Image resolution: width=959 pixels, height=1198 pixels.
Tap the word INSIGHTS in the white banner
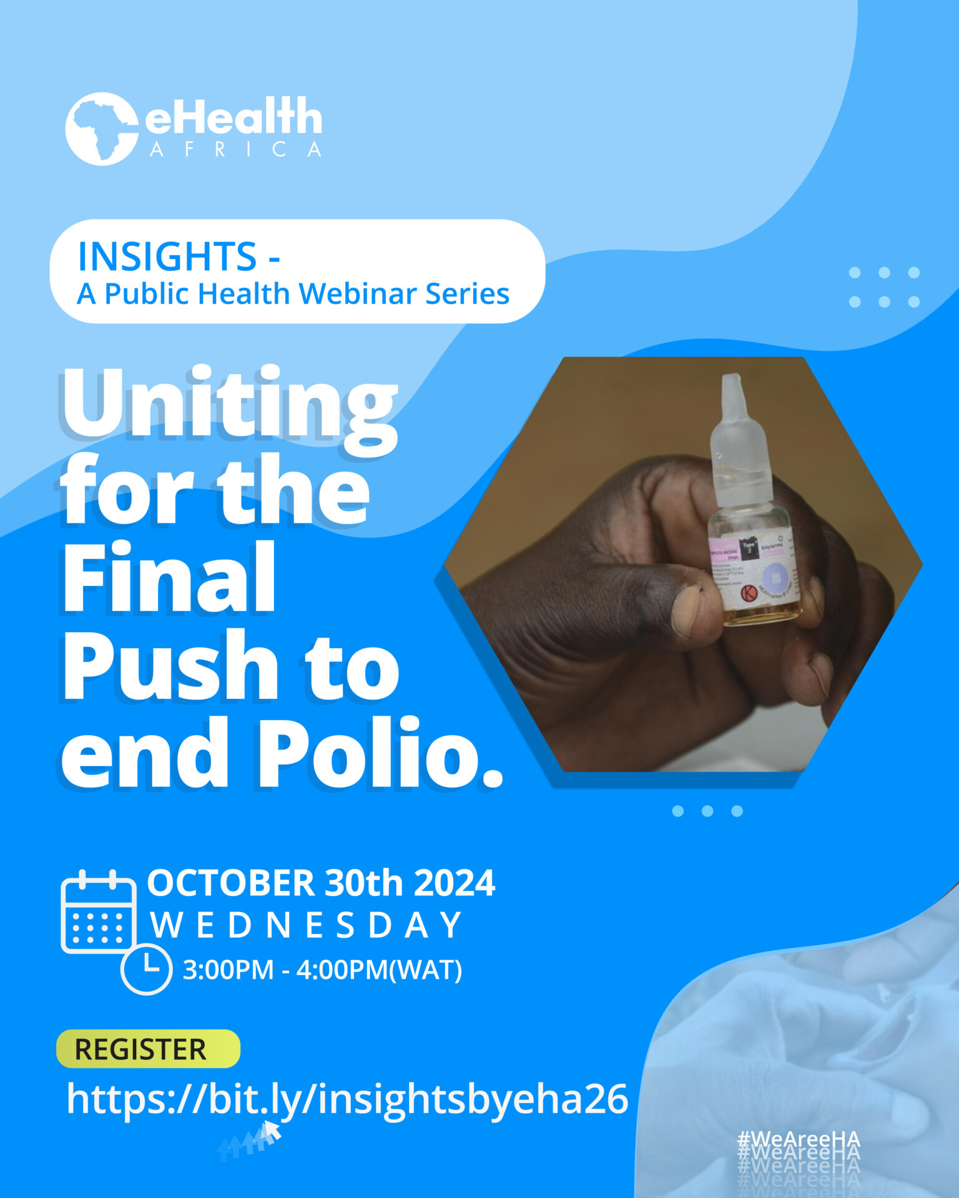pos(167,256)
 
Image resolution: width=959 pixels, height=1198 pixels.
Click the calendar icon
pos(98,912)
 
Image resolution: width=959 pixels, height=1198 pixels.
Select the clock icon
pos(146,969)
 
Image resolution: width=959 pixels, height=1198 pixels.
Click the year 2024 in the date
pos(454,883)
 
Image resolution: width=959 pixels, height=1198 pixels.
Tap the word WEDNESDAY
pos(306,925)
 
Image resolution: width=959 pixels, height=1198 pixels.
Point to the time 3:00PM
pos(228,970)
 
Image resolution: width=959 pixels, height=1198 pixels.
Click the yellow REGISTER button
pos(148,1049)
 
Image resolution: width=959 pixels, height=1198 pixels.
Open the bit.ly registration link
pos(347,1099)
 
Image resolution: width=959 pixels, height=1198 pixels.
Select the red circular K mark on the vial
pos(749,592)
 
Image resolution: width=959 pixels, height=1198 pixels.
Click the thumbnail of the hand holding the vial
pos(683,564)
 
